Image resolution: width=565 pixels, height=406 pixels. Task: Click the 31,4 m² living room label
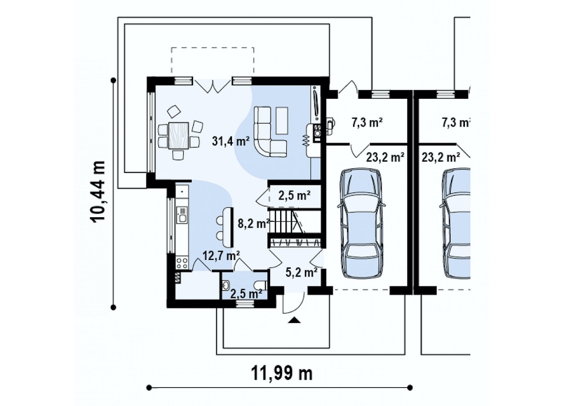point(231,141)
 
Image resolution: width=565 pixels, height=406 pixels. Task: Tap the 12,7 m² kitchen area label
point(221,255)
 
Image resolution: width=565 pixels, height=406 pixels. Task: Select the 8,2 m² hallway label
point(254,224)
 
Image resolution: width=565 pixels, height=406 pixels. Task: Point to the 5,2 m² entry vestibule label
point(301,272)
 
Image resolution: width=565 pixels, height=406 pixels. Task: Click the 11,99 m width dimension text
point(282,374)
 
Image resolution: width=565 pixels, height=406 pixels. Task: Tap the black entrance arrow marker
point(294,320)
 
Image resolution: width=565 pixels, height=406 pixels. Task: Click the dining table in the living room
point(178,135)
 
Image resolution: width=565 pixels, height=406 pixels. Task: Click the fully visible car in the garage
point(361,223)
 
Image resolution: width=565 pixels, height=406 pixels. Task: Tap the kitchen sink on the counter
point(181,215)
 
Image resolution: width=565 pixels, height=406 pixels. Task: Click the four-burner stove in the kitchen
point(182,262)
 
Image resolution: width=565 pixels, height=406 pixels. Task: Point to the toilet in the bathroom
point(260,285)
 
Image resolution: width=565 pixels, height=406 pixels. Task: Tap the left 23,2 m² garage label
point(385,157)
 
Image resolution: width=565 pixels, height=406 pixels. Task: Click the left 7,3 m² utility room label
point(367,123)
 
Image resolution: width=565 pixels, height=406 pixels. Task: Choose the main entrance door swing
point(294,304)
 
